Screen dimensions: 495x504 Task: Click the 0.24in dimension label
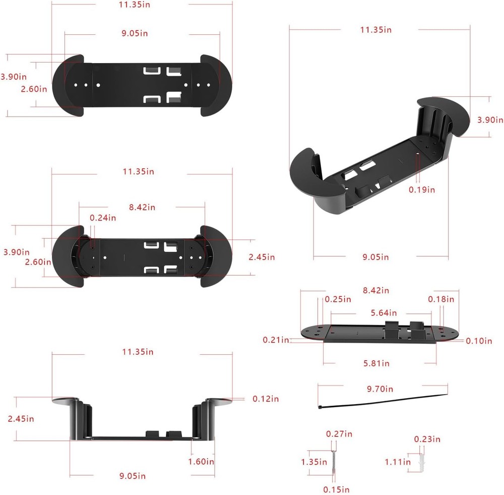pos(103,218)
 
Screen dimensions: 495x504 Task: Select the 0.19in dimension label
pos(421,190)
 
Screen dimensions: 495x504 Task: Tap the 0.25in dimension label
pos(338,299)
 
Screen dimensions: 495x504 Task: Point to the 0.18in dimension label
pos(441,299)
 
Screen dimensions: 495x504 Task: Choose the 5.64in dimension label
pos(383,313)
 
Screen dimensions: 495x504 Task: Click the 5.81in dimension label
pos(376,363)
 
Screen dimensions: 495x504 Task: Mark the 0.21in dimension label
pos(276,340)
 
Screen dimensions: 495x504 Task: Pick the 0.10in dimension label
pos(478,341)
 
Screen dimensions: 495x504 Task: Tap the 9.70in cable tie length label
pos(380,389)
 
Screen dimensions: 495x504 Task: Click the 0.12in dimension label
pos(265,399)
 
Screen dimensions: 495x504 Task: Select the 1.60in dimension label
pos(201,461)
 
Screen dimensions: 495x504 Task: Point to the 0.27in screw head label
pos(339,434)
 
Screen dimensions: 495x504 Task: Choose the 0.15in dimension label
pos(336,489)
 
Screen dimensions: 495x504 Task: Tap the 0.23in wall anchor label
pos(427,439)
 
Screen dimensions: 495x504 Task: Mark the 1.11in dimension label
pos(398,462)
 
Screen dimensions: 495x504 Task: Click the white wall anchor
pos(422,461)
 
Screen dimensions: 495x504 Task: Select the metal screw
pos(333,462)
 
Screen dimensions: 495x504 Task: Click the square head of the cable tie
pos(320,406)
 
